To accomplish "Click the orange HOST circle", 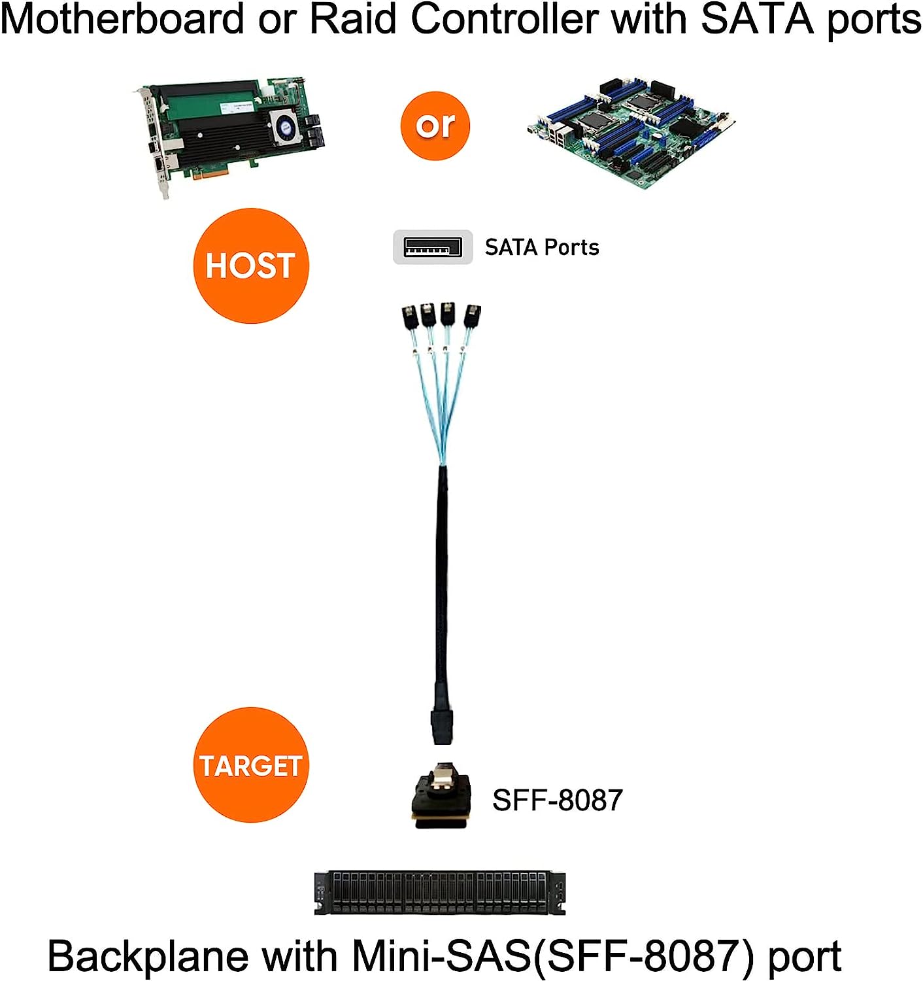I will click(x=251, y=266).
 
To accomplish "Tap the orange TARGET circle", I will click(x=251, y=765).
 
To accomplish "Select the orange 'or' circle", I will click(x=435, y=126).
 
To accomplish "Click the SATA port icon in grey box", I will click(x=432, y=247).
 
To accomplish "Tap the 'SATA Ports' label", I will click(x=542, y=247).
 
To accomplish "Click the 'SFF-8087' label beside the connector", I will click(x=557, y=800).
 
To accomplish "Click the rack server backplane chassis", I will click(x=439, y=892).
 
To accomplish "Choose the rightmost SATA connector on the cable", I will click(x=471, y=317).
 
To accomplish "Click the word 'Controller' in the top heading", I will click(x=503, y=20).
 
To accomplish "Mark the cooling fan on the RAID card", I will click(x=286, y=126).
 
